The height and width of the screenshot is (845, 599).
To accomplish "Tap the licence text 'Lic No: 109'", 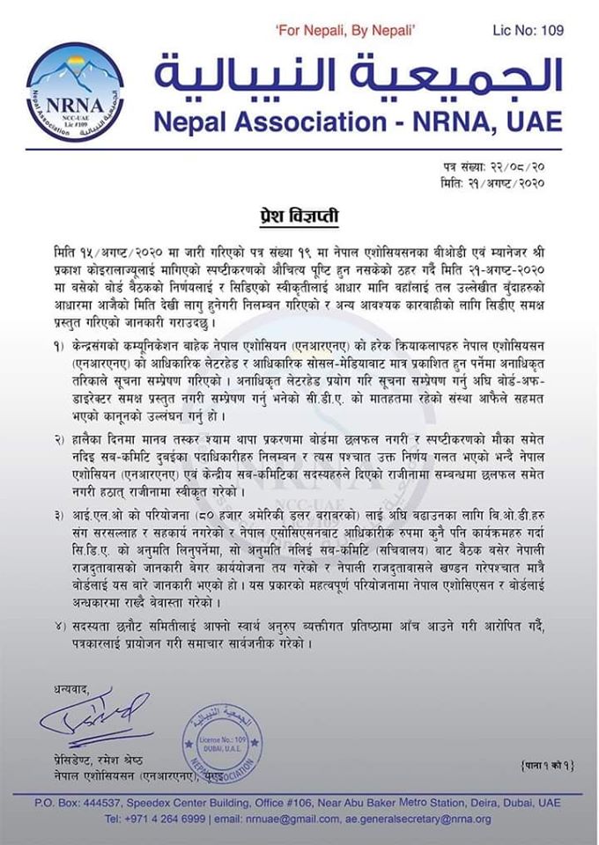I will (x=527, y=30).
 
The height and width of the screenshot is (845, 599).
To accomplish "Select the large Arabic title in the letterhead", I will (x=357, y=77).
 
